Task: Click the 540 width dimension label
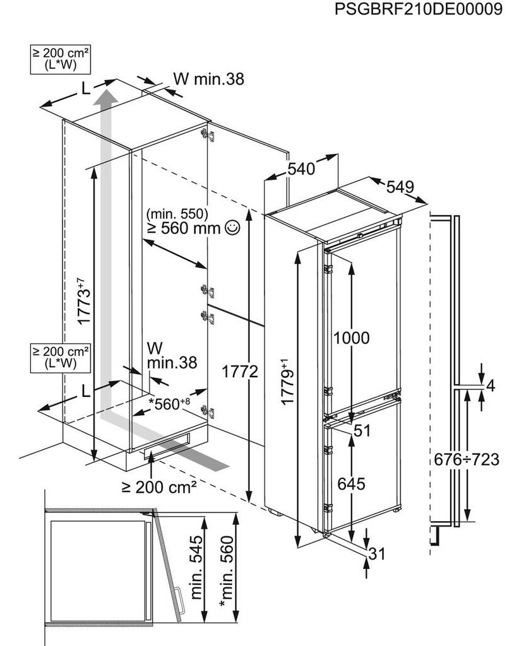[x=301, y=168]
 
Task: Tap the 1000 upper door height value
[x=351, y=338]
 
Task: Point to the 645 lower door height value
[x=351, y=484]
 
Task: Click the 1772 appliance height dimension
[x=240, y=372]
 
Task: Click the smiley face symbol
[x=232, y=228]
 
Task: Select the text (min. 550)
[x=176, y=213]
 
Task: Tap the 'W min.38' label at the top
[x=208, y=79]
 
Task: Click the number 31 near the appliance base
[x=376, y=554]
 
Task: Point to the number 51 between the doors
[x=362, y=431]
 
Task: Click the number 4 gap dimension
[x=492, y=386]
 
